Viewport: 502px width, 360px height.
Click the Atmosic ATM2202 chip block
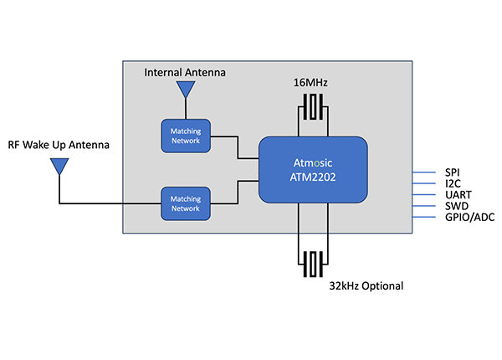click(x=313, y=169)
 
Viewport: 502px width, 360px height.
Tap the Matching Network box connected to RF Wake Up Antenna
click(x=186, y=203)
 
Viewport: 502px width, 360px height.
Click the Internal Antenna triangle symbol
click(x=184, y=89)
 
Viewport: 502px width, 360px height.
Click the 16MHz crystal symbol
click(x=313, y=107)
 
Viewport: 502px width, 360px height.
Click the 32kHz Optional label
click(x=366, y=285)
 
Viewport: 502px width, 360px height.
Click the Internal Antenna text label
click(x=185, y=72)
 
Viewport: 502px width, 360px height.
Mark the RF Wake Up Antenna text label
click(x=59, y=145)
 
